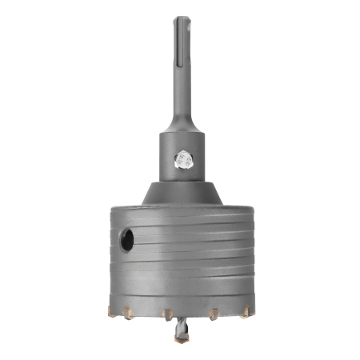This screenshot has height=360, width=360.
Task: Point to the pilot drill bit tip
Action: [x=180, y=339]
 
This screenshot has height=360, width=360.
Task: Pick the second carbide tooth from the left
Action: [x=129, y=313]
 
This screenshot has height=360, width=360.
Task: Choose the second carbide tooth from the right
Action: [x=215, y=314]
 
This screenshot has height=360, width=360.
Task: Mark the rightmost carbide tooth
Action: [x=246, y=308]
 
